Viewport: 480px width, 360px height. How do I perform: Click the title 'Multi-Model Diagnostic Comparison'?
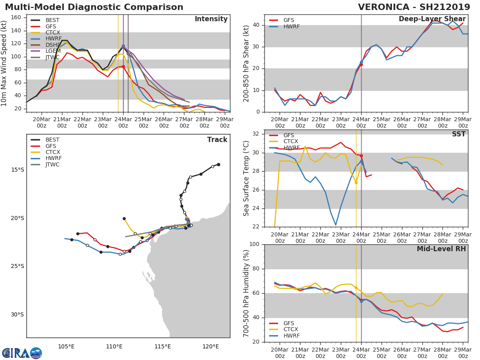pyautogui.click(x=94, y=7)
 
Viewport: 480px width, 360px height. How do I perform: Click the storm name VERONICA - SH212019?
pyautogui.click(x=414, y=7)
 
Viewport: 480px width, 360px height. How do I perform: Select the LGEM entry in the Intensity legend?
pyautogui.click(x=53, y=50)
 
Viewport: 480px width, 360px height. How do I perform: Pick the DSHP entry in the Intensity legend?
pyautogui.click(x=53, y=45)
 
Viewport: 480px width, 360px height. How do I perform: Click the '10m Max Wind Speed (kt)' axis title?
pyautogui.click(x=4, y=63)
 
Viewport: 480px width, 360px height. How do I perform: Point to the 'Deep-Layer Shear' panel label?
pyautogui.click(x=432, y=19)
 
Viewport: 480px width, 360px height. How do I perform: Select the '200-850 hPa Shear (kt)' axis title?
pyautogui.click(x=247, y=63)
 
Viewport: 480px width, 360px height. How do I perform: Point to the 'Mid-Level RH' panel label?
pyautogui.click(x=441, y=249)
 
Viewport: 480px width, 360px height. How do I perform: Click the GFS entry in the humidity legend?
pyautogui.click(x=289, y=323)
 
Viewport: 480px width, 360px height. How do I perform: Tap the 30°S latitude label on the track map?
pyautogui.click(x=18, y=314)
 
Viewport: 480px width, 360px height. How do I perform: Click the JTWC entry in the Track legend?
pyautogui.click(x=53, y=164)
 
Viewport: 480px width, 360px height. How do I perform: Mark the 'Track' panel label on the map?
pyautogui.click(x=217, y=140)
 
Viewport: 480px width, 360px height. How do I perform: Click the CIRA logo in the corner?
pyautogui.click(x=22, y=353)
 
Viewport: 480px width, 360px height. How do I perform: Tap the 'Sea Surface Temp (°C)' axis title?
pyautogui.click(x=247, y=178)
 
